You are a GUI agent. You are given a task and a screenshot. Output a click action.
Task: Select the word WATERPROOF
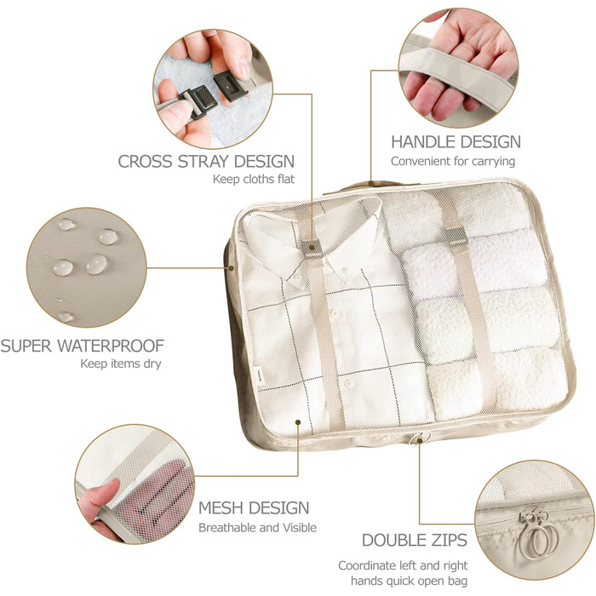[111, 346]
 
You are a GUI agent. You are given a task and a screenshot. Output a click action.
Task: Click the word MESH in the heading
[219, 508]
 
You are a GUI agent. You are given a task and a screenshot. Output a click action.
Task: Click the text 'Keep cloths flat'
[254, 179]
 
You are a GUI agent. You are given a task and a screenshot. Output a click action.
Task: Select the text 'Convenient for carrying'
[453, 161]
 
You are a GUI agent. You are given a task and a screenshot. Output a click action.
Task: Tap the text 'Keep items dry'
[121, 364]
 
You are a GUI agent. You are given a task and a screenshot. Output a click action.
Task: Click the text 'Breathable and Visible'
[257, 528]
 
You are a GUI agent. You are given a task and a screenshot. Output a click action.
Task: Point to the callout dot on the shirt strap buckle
[312, 248]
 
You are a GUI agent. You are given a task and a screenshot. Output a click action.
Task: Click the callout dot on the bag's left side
[231, 268]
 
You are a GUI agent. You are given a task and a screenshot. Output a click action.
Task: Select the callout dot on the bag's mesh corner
[298, 422]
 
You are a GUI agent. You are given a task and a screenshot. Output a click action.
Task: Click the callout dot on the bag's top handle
[371, 184]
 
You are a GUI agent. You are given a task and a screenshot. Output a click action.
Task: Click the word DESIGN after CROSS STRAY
[264, 162]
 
